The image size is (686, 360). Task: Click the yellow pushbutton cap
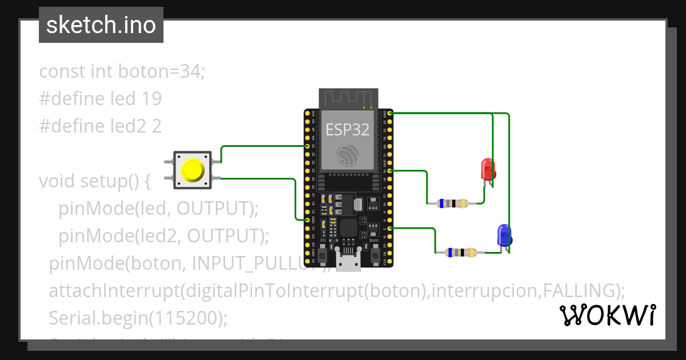[192, 170]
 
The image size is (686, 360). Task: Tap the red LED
[488, 169]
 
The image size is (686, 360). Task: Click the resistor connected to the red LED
[452, 203]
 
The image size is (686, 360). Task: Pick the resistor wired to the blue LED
[462, 252]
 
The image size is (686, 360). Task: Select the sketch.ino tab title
[101, 25]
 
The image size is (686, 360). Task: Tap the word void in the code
[57, 181]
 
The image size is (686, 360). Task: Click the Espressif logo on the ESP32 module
[348, 156]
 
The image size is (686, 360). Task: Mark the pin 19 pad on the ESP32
[390, 170]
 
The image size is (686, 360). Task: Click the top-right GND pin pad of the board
[390, 114]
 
